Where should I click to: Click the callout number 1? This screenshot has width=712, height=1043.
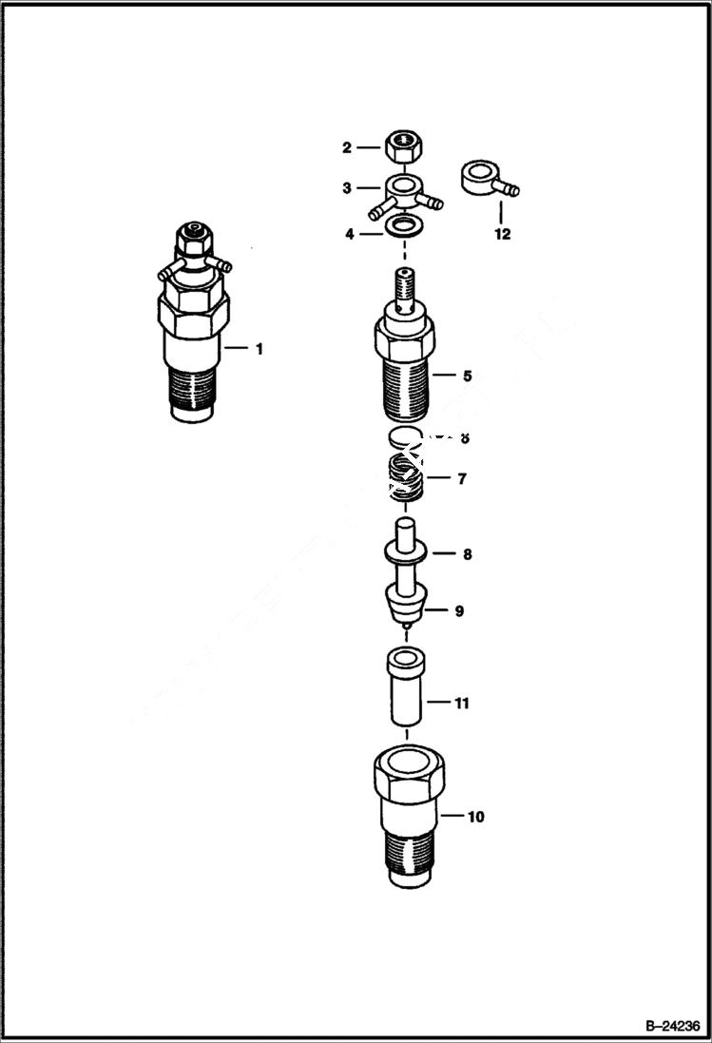pos(259,349)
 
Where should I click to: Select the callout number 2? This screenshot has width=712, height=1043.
pos(347,147)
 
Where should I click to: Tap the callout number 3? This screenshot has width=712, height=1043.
pos(347,188)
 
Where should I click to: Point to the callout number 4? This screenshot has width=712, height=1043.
pos(350,232)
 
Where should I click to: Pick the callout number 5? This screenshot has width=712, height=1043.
pos(467,376)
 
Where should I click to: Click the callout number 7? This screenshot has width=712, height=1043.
pos(461,478)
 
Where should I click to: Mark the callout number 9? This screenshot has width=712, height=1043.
pos(458,610)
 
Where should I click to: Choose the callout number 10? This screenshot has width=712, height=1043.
pos(475,816)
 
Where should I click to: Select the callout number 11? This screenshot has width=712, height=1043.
pos(462,704)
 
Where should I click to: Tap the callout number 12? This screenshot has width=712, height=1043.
pos(502,234)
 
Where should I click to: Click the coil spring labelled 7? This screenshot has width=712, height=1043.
pos(406,478)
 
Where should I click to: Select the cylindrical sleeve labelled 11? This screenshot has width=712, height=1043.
pos(406,686)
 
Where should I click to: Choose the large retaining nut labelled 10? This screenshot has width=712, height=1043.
pos(406,818)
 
